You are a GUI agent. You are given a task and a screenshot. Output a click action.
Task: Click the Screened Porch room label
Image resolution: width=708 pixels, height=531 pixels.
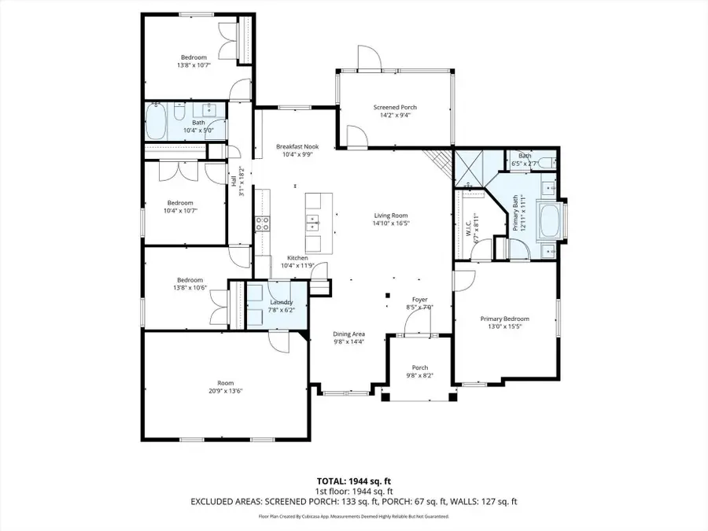(395, 107)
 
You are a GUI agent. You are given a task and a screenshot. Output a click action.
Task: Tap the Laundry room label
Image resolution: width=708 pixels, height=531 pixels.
(282, 302)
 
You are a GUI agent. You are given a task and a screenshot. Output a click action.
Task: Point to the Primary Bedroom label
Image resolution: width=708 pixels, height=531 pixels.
(504, 319)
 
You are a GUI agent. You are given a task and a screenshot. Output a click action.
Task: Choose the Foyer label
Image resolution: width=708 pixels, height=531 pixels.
(422, 300)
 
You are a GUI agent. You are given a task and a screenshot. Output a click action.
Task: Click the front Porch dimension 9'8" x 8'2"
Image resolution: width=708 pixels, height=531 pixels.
(420, 375)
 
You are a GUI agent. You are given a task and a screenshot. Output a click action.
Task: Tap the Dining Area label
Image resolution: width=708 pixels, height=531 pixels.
(348, 334)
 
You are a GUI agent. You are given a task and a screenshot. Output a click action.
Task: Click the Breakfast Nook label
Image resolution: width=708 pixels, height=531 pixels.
(297, 146)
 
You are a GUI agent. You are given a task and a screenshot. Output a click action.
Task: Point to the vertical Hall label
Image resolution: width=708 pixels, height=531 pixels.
(234, 181)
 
